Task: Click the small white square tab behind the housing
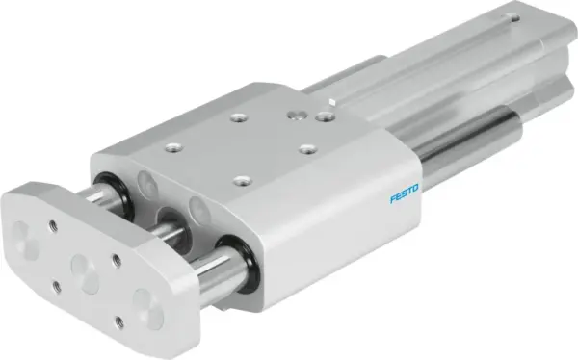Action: coord(331,100)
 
